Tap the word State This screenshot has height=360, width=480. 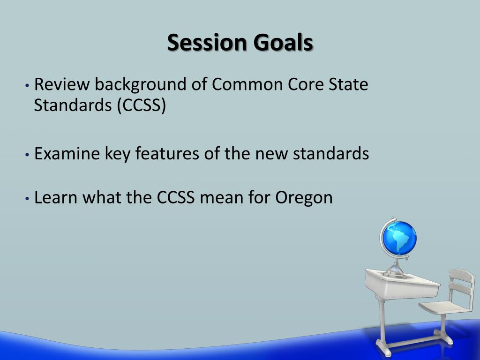[x=349, y=85]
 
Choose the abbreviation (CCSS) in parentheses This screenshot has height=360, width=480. [x=142, y=106]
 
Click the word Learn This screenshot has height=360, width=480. [x=56, y=197]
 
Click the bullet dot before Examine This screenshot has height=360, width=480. [x=28, y=154]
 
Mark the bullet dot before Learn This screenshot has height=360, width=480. [x=28, y=198]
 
